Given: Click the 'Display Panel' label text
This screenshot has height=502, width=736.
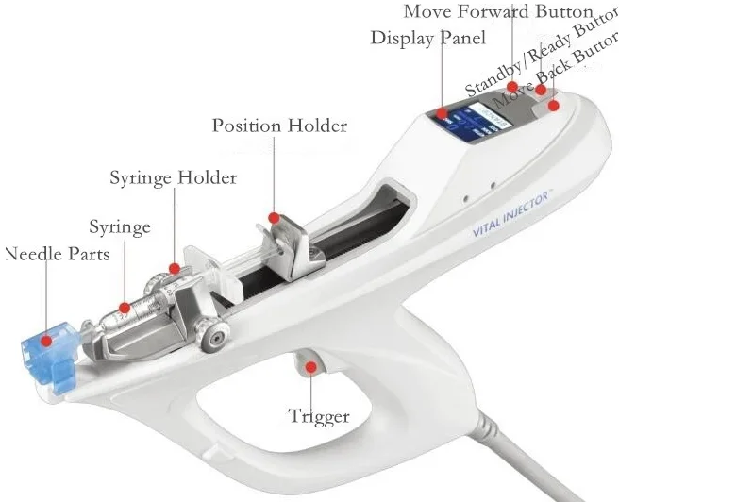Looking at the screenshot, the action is pos(427,38).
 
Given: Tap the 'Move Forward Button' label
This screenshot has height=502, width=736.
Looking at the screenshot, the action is pos(498,12).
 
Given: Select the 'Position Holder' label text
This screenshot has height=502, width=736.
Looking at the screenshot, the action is pos(279,125).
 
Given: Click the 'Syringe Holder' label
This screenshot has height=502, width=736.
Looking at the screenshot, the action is pos(174,177).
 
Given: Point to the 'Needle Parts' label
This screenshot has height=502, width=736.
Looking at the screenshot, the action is pos(57,254).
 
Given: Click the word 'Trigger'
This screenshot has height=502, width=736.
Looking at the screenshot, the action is pos(319,416).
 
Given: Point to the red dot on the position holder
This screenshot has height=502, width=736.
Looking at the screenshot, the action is pos(274,218).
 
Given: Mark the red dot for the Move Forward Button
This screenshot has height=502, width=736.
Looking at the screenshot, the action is pos(512,87).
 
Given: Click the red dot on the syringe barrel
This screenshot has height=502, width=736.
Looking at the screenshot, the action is pos(125,307).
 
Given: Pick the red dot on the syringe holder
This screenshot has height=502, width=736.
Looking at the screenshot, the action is pos(173,269).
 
